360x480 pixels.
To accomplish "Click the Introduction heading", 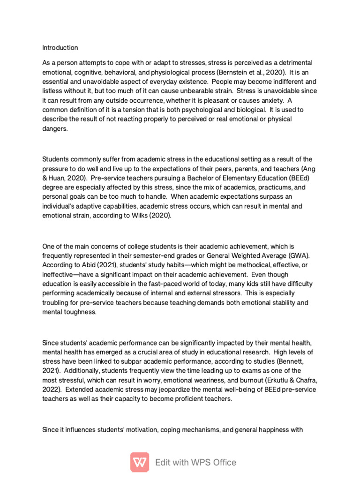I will tap(60, 48).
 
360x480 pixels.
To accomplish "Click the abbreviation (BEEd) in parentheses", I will tap(296, 178).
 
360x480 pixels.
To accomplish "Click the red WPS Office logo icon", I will tap(140, 462).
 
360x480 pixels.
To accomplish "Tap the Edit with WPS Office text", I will tap(196, 462).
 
